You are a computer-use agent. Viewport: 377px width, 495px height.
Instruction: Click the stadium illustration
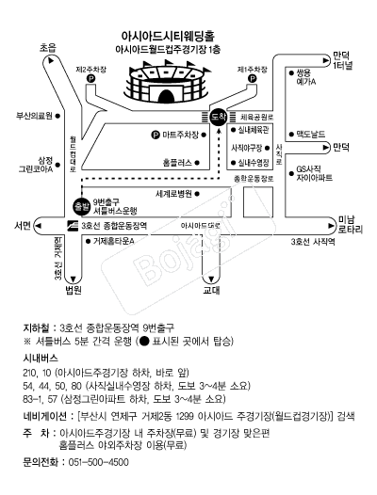pos(167,82)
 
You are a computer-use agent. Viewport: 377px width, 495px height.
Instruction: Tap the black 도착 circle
pos(219,117)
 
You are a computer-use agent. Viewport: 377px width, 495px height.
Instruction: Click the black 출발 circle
pos(81,207)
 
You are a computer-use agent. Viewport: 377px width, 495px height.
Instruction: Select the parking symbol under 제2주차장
pos(90,79)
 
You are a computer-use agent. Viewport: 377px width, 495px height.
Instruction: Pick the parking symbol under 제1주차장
pos(252,79)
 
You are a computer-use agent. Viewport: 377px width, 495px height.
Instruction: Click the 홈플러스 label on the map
pos(177,163)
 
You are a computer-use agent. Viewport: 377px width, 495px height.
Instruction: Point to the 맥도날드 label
pos(311,135)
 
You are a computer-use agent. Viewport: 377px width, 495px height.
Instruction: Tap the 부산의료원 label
pos(34,116)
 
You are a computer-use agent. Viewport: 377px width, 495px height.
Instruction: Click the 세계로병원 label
pos(173,194)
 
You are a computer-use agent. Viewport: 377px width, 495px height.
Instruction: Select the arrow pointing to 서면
pos(39,226)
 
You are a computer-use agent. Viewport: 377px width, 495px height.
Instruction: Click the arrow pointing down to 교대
pos(211,279)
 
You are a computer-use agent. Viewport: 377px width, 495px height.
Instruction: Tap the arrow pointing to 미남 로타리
pos(331,226)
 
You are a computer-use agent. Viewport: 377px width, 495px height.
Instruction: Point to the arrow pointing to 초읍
pos(50,60)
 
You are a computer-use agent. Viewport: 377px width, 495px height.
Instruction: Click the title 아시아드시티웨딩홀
pos(168,37)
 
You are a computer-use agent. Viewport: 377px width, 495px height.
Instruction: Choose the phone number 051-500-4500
pos(98,462)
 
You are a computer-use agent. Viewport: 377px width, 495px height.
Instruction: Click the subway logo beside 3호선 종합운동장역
pos(73,225)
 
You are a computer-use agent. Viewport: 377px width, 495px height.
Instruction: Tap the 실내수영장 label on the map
pos(254,163)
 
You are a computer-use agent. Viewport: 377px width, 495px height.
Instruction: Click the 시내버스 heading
pos(41,359)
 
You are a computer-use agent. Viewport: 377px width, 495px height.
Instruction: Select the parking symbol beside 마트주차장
pos(155,136)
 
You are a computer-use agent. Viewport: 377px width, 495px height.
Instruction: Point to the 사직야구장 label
pos(247,148)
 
